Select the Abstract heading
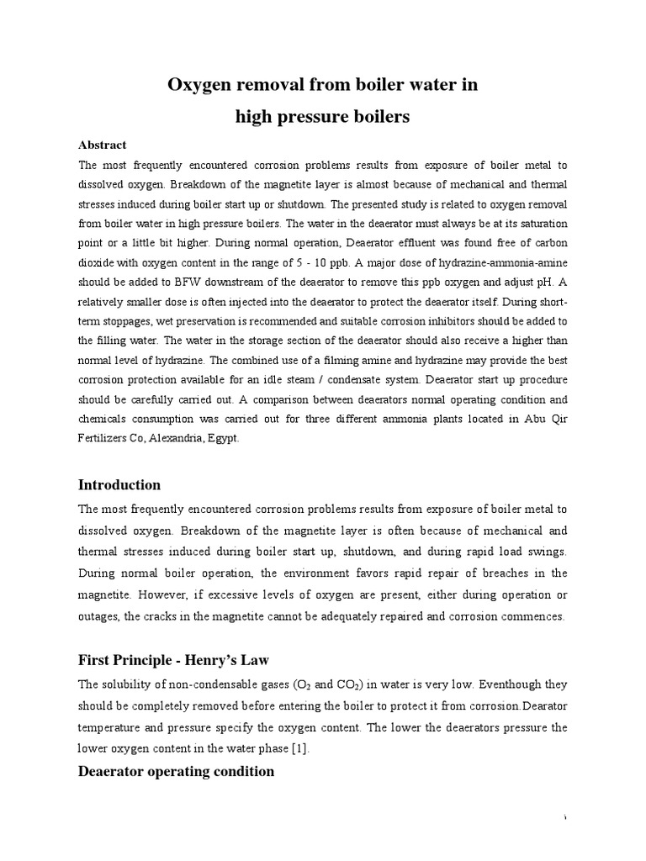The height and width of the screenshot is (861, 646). coord(103,145)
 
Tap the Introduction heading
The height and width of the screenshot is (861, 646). coord(119,485)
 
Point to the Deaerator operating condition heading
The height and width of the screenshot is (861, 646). coord(176,771)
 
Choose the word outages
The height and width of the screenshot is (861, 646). coord(100,616)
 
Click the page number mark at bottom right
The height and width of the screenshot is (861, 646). coord(567,818)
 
